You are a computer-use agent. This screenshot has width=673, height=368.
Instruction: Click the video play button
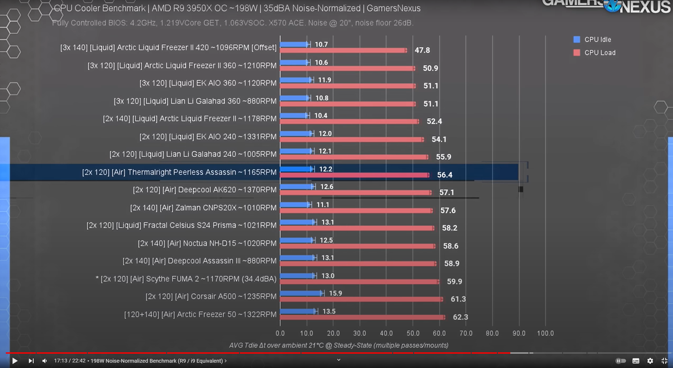point(15,361)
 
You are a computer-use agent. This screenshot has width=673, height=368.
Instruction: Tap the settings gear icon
point(650,361)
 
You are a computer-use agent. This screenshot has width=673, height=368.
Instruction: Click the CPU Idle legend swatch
point(577,40)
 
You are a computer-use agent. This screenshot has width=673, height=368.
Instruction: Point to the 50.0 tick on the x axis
point(413,333)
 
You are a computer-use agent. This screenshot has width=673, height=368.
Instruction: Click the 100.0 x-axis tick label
point(545,333)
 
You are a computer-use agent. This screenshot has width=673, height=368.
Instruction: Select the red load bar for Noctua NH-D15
point(357,246)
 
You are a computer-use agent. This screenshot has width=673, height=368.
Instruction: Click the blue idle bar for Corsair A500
point(301,293)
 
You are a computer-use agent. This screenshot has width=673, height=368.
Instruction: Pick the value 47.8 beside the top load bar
point(422,50)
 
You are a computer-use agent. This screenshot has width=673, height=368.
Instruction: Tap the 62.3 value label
point(460,317)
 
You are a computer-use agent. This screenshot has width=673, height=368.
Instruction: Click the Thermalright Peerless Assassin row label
point(179,172)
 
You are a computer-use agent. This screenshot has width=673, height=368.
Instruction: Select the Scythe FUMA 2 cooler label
point(186,279)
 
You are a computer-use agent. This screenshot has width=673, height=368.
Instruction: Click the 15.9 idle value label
point(335,293)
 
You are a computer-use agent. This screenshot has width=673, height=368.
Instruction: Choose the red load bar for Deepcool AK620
point(355,192)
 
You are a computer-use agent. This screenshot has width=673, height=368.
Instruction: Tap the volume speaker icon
point(45,361)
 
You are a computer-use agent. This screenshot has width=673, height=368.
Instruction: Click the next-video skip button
point(31,361)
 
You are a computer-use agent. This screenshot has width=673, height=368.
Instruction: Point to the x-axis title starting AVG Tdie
point(338,345)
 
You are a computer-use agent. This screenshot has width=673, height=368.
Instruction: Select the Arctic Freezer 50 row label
point(200,314)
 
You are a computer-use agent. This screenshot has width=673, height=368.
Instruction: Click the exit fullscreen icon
point(664,361)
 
